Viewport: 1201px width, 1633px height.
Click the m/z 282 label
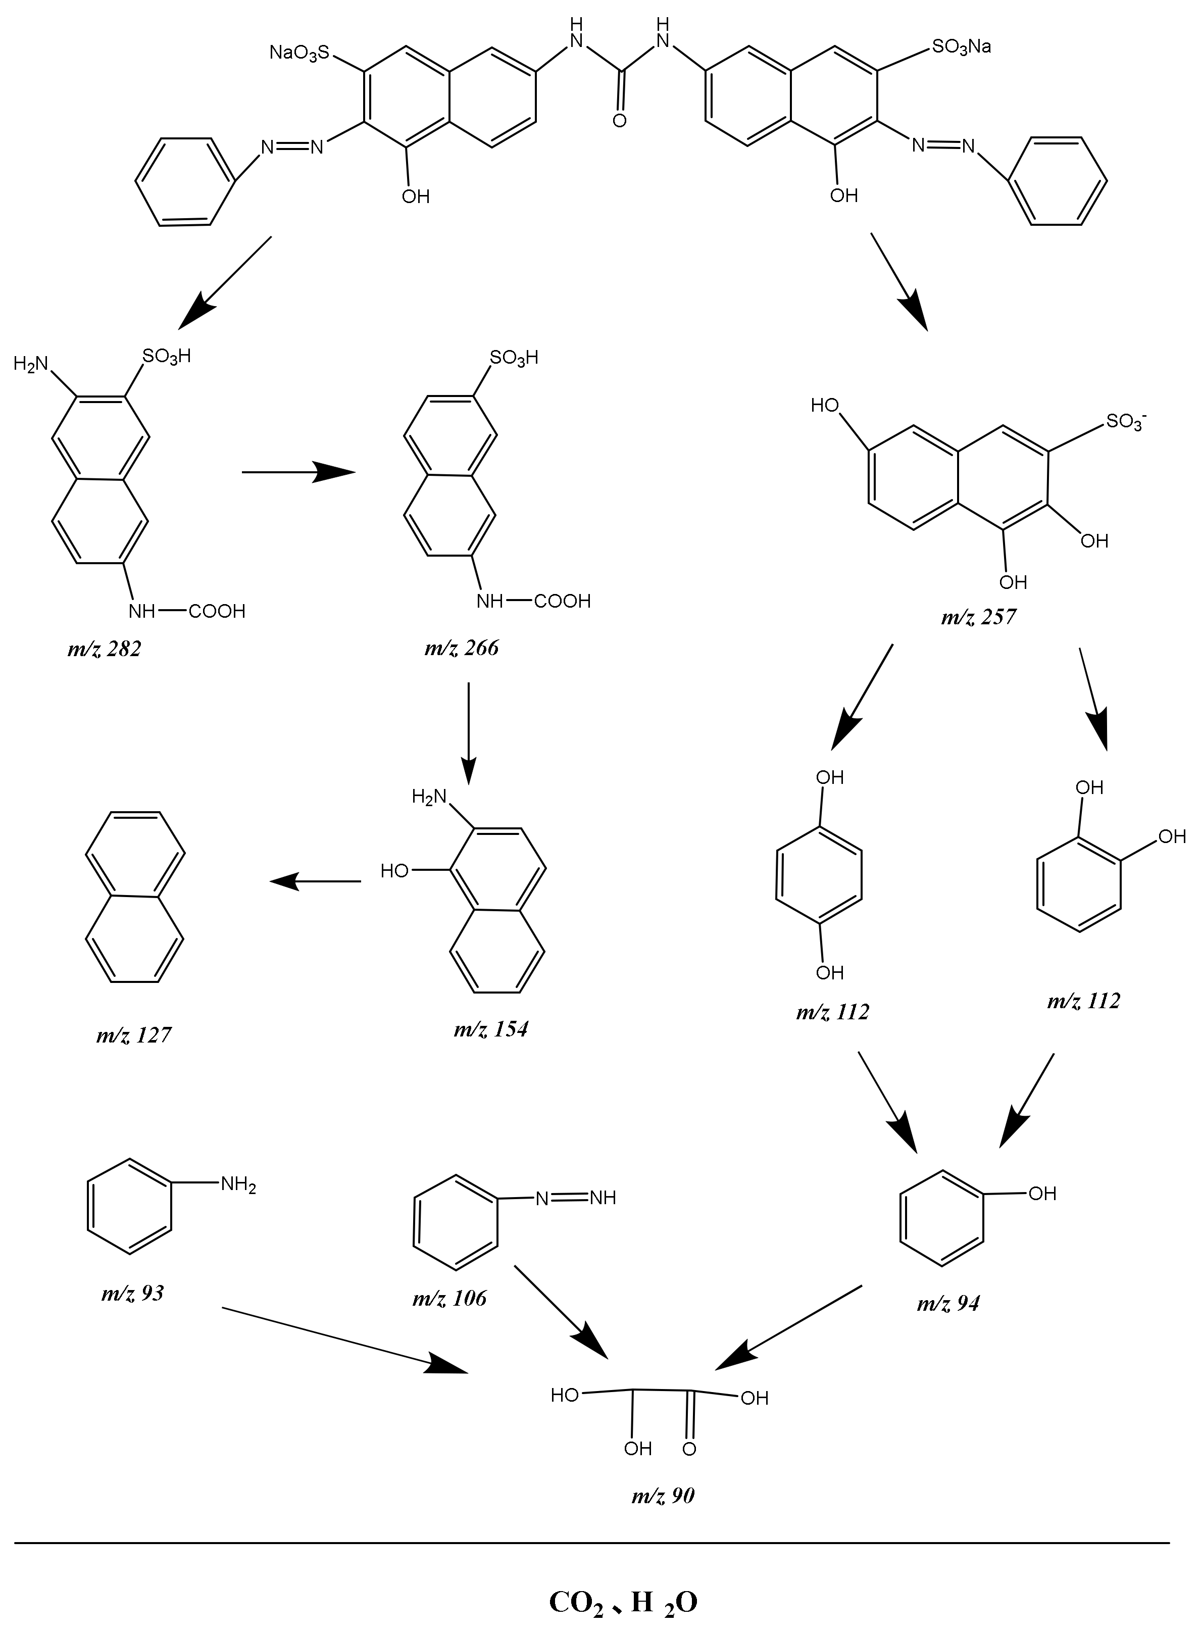click(x=105, y=649)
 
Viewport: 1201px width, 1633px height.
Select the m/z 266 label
click(x=462, y=647)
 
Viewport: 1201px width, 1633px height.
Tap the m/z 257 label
click(x=979, y=617)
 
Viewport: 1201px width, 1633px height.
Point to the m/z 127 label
click(x=134, y=1034)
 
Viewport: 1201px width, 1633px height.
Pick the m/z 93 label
click(x=132, y=1292)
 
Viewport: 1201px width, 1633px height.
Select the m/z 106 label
click(x=449, y=1298)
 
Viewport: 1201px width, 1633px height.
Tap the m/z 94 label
click(x=948, y=1303)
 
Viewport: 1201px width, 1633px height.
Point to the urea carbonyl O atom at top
click(x=619, y=121)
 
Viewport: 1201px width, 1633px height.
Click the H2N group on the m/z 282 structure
click(x=30, y=364)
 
